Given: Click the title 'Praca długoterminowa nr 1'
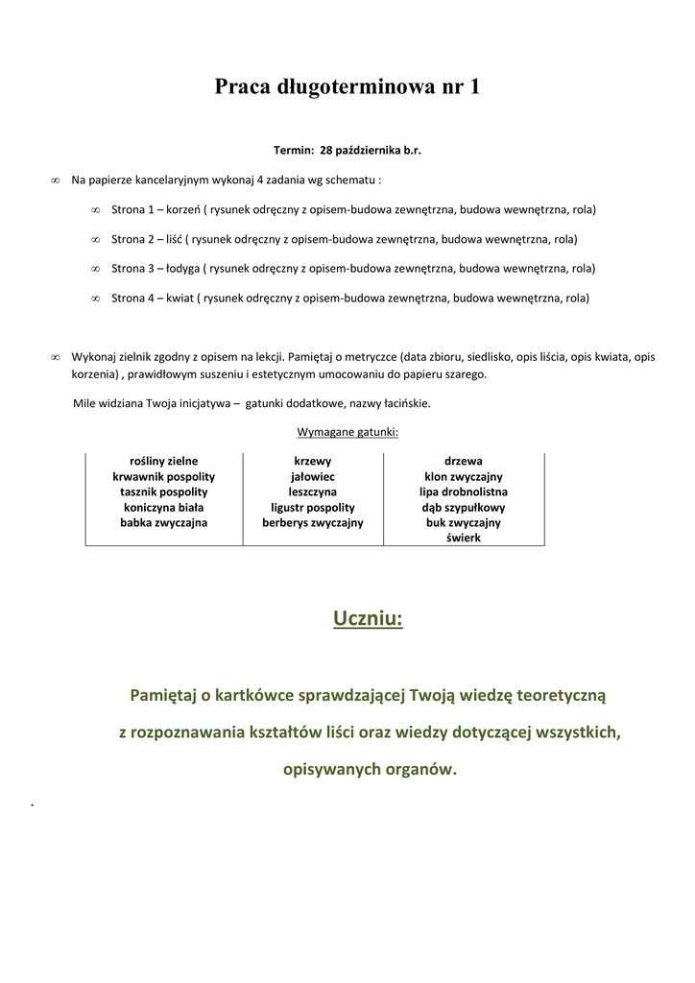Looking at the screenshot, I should (x=347, y=87).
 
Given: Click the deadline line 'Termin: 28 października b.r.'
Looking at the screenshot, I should (x=347, y=151).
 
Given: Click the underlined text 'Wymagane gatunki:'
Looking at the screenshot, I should (x=347, y=432).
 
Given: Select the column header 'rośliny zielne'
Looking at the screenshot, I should (x=163, y=462).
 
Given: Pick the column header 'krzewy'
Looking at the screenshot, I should (x=313, y=462).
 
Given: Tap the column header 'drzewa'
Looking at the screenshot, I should (x=464, y=462).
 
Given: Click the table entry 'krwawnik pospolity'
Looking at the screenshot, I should (x=163, y=477).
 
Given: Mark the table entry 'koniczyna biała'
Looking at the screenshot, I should (x=163, y=508).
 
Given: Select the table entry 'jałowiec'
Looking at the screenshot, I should (x=313, y=477).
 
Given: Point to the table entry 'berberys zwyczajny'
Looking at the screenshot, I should (x=313, y=523).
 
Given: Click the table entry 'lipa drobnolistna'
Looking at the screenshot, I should (x=464, y=492).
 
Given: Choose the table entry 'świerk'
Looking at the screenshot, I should (x=464, y=539).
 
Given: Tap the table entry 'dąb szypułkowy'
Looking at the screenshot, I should (x=464, y=508).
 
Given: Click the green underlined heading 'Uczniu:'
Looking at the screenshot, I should (x=369, y=618).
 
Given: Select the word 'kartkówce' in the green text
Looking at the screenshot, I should (x=249, y=694).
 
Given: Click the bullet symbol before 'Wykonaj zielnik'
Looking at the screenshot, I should (x=56, y=357).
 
